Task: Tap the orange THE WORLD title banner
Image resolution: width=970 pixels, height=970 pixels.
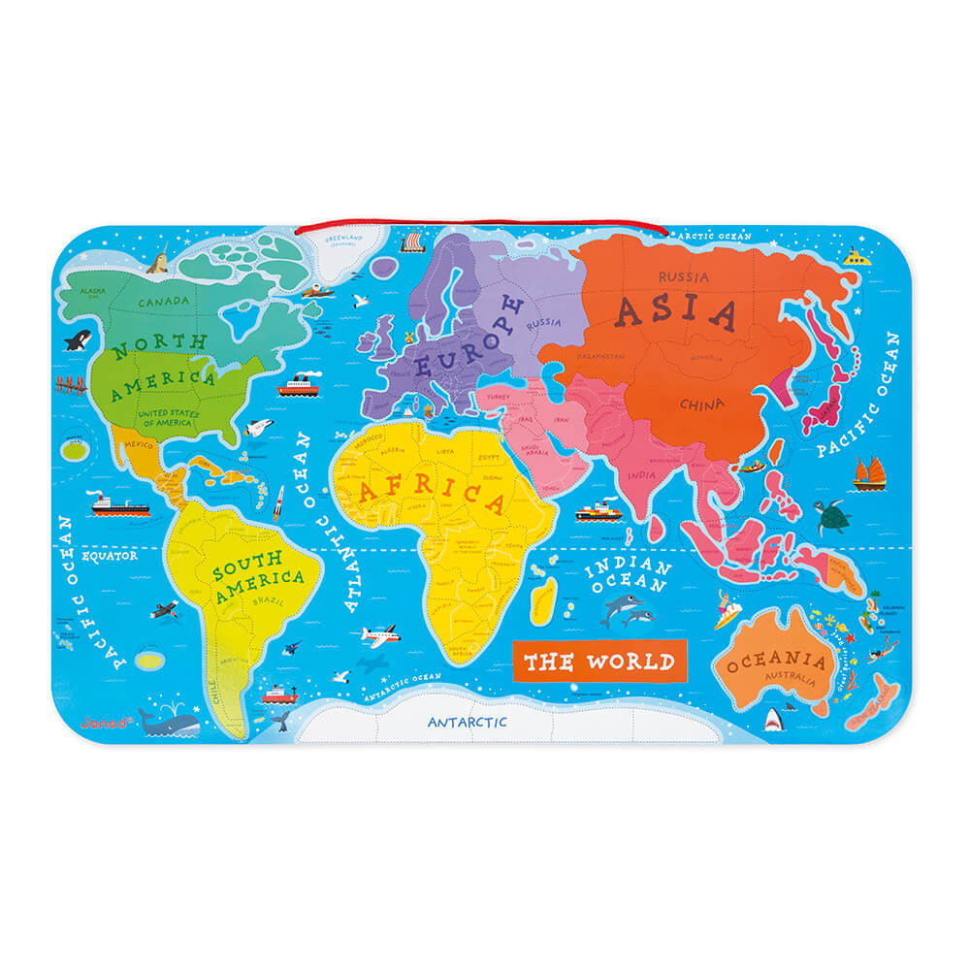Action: point(598,662)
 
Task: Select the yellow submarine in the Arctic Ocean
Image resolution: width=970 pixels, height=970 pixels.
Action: point(855,257)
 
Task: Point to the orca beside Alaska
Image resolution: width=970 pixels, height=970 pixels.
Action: point(77,339)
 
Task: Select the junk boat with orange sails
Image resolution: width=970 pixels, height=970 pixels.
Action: point(867,472)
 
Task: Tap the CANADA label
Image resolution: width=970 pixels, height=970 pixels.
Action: point(163,302)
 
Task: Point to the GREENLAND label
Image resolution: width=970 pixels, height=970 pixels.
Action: point(341,239)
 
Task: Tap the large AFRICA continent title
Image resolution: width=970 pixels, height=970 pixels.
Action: point(433,497)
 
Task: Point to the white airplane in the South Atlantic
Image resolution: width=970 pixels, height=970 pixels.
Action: point(379,635)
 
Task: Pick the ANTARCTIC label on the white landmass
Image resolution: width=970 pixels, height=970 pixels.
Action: point(468,723)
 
